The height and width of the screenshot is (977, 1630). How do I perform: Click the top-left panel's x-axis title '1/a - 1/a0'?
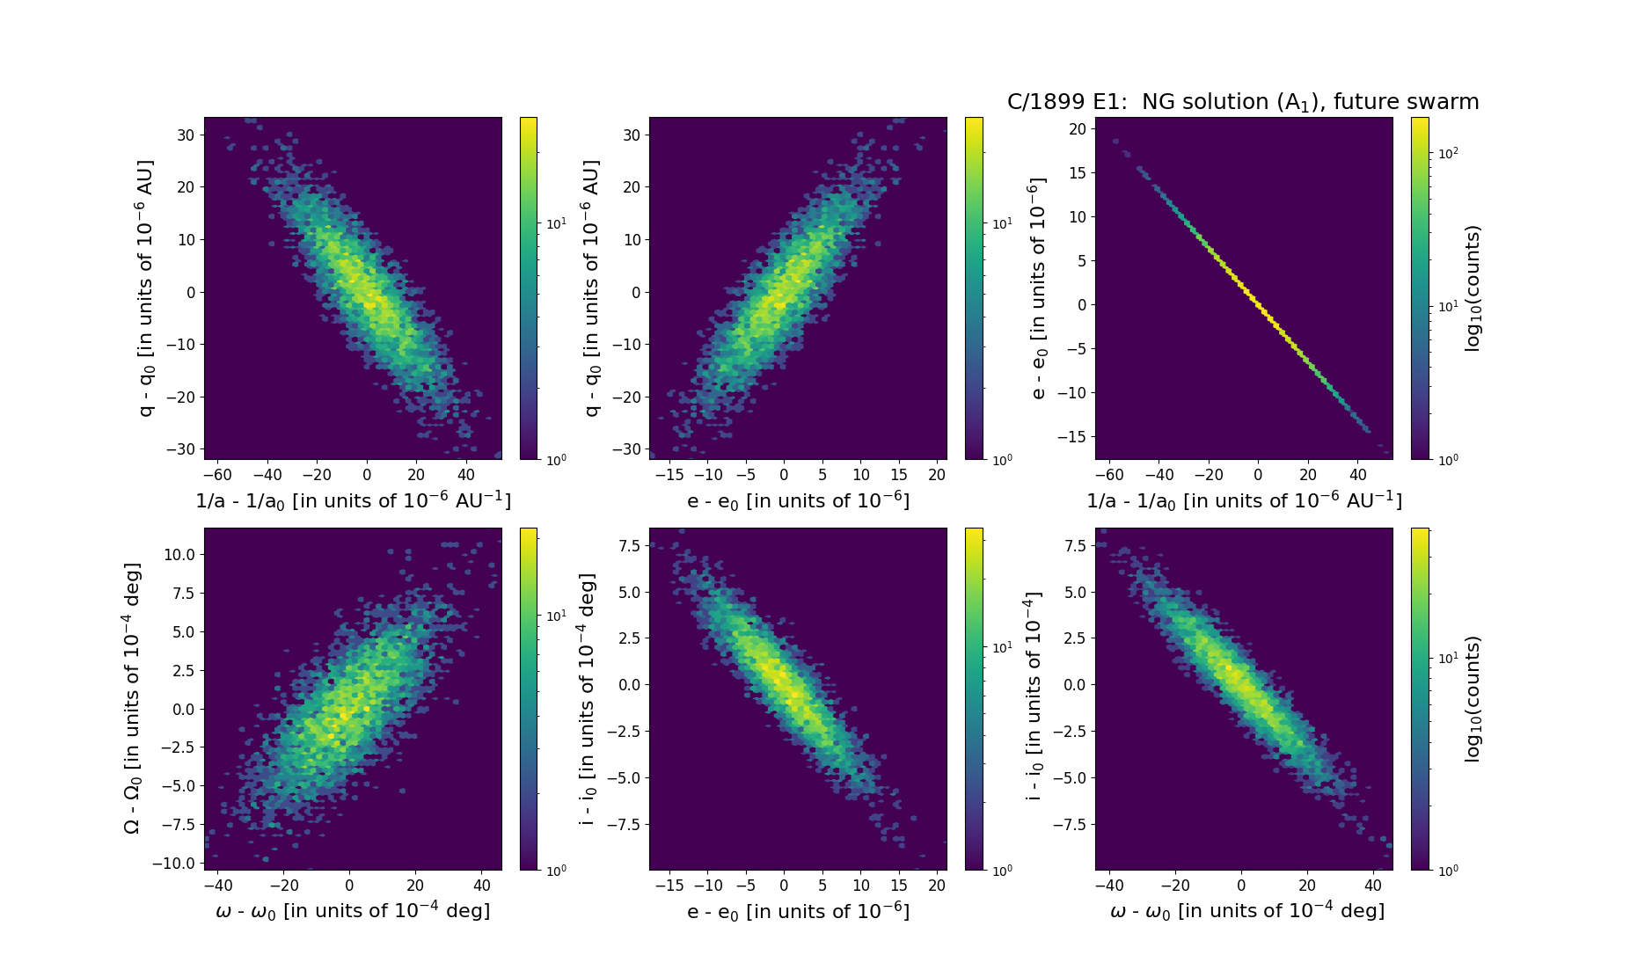point(353,500)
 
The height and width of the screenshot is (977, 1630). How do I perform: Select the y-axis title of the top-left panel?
point(146,288)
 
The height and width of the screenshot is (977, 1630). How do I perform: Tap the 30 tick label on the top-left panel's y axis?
point(186,135)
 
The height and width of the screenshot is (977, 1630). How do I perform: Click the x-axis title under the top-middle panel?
point(798,500)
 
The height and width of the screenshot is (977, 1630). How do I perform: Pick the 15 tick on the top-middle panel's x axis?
point(899,475)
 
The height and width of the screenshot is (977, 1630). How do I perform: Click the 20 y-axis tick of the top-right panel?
point(1078,128)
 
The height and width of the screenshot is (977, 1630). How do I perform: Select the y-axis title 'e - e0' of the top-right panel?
point(1038,288)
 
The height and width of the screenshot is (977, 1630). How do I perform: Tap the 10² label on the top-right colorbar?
point(1448,153)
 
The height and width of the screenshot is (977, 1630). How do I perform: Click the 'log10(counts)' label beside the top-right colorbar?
point(1473,288)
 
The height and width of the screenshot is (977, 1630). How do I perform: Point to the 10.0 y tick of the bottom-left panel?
point(179,555)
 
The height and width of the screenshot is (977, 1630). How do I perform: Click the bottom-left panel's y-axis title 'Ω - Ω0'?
point(132,698)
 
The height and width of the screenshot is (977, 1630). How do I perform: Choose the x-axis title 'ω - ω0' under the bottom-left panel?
point(353,911)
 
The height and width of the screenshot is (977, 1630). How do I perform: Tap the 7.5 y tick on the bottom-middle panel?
point(629,546)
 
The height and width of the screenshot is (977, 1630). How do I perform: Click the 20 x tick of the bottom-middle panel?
point(938,886)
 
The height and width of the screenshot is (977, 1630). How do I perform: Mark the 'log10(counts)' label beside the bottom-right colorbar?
point(1473,698)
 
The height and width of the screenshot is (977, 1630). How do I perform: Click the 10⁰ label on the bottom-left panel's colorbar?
point(556,870)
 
